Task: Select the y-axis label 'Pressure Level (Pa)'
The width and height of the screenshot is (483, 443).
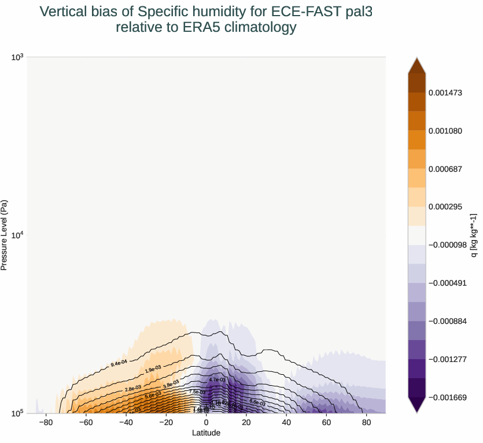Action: tap(5, 235)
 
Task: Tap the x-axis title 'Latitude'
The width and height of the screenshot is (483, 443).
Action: tap(206, 433)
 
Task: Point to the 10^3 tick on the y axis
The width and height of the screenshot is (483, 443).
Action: tap(17, 57)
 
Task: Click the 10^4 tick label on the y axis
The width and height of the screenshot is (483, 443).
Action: tap(17, 235)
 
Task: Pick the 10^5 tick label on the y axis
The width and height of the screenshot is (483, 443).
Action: tap(17, 413)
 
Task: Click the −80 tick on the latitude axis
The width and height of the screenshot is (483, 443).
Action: tap(46, 423)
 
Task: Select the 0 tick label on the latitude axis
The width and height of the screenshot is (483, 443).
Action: tap(206, 423)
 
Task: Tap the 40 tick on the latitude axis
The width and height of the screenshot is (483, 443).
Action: tap(286, 423)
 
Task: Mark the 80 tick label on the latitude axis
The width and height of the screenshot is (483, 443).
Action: tap(366, 423)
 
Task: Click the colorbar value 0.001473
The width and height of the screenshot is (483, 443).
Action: tap(445, 93)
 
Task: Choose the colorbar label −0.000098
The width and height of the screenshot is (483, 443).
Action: tap(447, 245)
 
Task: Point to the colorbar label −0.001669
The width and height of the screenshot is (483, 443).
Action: tap(447, 397)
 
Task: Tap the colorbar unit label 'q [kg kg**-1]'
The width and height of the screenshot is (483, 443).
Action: tap(474, 235)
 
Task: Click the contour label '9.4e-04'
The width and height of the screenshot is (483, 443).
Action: tap(119, 364)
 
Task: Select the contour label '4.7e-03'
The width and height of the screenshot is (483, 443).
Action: tap(217, 380)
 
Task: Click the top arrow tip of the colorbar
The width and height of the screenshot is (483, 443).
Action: tap(416, 58)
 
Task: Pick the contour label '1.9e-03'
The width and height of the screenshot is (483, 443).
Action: tap(153, 370)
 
